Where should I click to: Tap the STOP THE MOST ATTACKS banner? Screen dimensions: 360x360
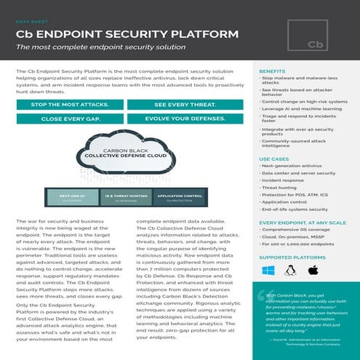[70, 105]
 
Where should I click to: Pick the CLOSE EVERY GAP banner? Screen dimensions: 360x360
[70, 118]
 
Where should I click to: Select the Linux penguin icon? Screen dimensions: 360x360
[291, 271]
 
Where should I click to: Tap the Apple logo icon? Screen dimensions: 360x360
[314, 271]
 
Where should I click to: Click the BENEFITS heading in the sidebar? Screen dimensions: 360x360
[272, 71]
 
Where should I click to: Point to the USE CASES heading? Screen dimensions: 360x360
[274, 159]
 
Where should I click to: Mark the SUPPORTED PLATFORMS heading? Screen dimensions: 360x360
[291, 257]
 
